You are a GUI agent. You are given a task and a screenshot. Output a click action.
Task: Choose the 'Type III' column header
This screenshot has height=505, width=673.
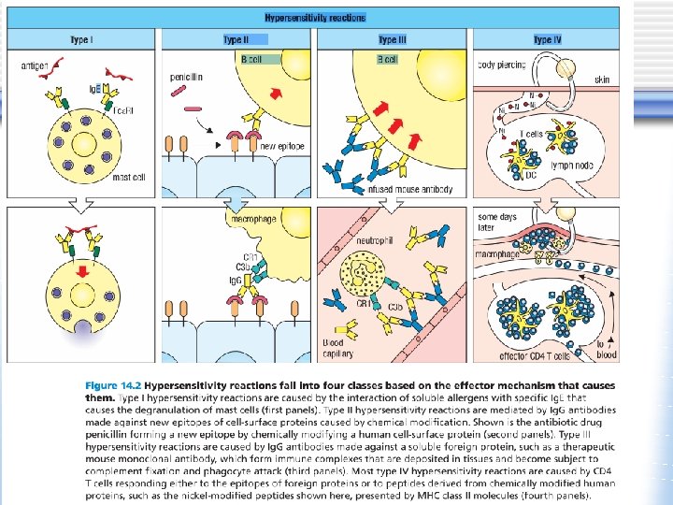(x=393, y=40)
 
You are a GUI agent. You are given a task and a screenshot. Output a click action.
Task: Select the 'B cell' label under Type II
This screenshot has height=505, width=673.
(x=251, y=59)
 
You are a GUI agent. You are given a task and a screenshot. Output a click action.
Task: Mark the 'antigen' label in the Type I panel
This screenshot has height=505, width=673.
(x=37, y=64)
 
